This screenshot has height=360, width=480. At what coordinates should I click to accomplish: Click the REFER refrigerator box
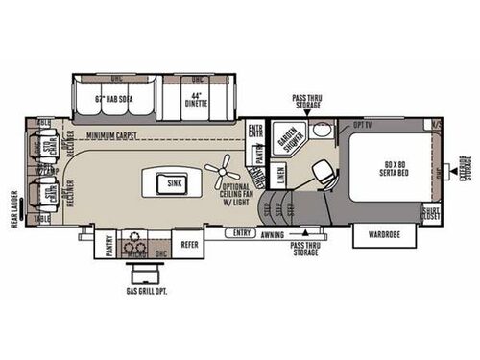[190, 245]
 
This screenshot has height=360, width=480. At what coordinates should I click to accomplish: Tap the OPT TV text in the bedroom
[362, 126]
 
